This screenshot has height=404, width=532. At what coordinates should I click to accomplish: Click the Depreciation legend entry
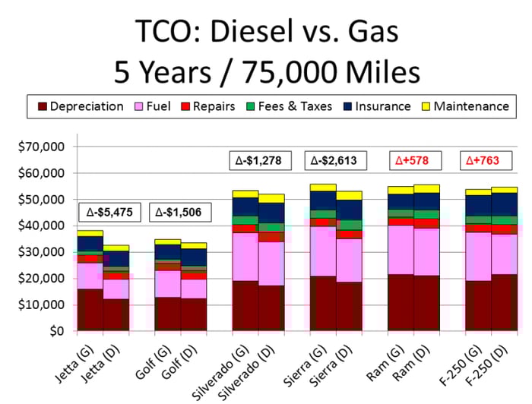(80, 106)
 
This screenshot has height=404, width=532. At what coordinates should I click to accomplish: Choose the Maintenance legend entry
(472, 106)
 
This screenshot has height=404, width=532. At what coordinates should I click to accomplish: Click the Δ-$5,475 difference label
(109, 212)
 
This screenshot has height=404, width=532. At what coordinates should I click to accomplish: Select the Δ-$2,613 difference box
(336, 160)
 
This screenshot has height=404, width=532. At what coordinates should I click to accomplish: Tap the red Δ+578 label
(413, 160)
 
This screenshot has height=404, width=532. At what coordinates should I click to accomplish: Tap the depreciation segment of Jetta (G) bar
(90, 309)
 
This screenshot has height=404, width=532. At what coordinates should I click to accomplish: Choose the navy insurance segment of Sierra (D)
(348, 210)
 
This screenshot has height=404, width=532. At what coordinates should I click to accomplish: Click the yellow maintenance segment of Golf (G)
(167, 241)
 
